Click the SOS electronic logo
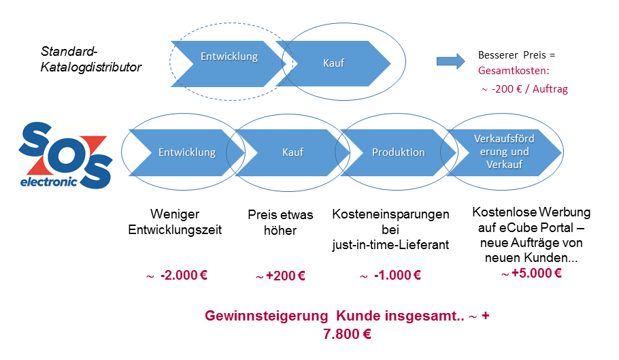click(x=65, y=155)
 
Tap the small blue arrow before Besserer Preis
click(x=451, y=61)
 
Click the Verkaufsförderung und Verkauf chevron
click(x=504, y=152)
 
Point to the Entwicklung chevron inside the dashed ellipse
click(x=229, y=64)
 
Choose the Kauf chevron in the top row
click(x=333, y=63)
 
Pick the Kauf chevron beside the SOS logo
click(x=292, y=152)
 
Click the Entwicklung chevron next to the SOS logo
click(x=187, y=152)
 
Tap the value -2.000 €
click(x=184, y=275)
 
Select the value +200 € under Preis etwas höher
click(x=286, y=276)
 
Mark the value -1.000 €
click(x=397, y=275)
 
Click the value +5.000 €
click(x=537, y=273)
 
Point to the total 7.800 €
click(x=347, y=334)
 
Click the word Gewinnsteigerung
click(x=267, y=316)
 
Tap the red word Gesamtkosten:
click(x=514, y=71)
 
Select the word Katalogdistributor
click(x=90, y=67)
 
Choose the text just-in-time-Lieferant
click(x=390, y=245)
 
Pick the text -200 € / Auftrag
click(x=529, y=89)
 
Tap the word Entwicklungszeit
click(x=175, y=230)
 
